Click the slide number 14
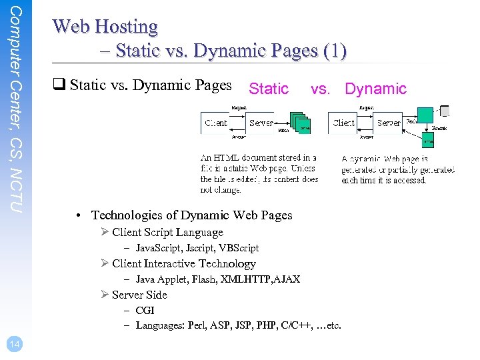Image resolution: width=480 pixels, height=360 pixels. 14,343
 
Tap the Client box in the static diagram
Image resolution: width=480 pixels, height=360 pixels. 216,123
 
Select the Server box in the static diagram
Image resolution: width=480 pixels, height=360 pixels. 261,123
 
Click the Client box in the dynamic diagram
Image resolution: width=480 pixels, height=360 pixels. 344,123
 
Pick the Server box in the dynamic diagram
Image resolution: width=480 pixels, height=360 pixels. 389,123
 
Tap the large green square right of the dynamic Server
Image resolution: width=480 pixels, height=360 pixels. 425,115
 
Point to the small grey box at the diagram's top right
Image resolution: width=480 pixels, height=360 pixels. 445,111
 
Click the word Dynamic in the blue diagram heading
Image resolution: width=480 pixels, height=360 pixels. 375,89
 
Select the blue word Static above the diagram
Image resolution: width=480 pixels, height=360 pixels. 268,89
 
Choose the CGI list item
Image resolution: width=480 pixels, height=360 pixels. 145,311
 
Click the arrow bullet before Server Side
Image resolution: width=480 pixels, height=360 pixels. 105,295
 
